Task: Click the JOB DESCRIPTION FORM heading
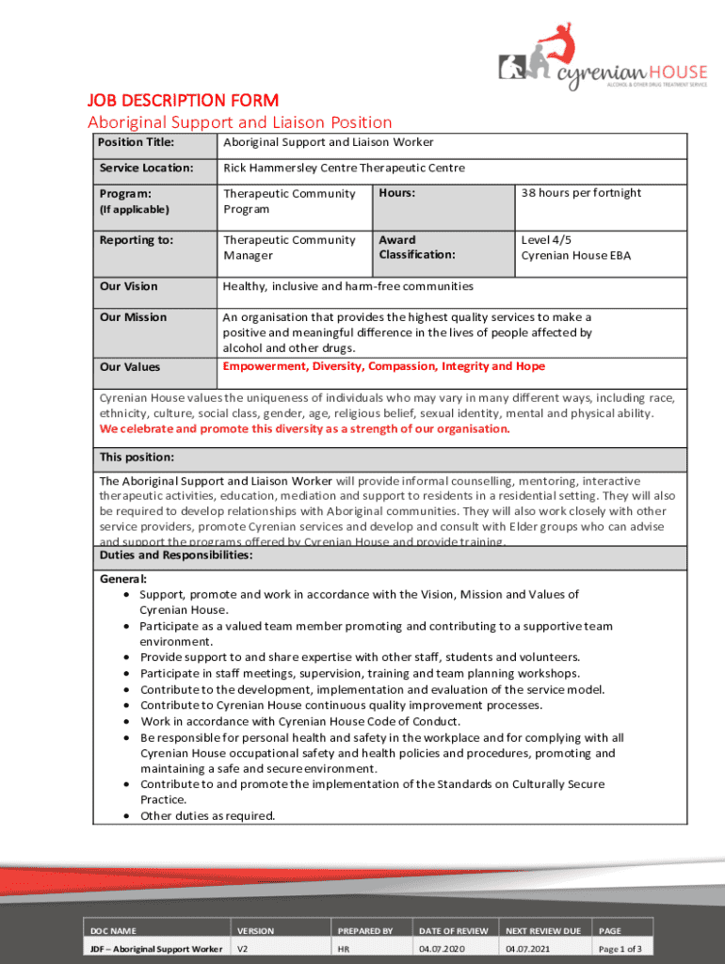pos(183,100)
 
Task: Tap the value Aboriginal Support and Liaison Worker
pos(328,143)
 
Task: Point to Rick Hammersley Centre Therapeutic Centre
pos(344,169)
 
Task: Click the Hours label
pos(397,193)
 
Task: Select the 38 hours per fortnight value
pos(581,193)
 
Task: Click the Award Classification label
pos(416,248)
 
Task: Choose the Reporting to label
pos(137,240)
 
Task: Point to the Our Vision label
pos(129,286)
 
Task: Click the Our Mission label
pos(133,317)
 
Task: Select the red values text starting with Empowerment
pos(383,366)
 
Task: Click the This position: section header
pos(137,458)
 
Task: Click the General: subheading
pos(123,580)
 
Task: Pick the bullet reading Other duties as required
pos(207,816)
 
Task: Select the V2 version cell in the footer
pos(243,949)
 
